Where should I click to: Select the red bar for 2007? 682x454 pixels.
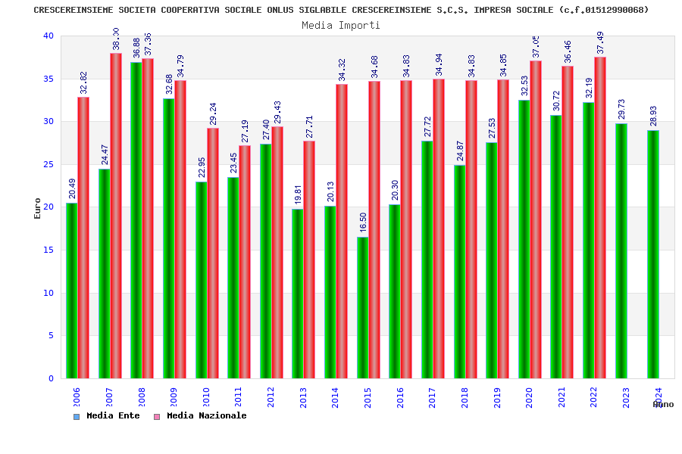116,216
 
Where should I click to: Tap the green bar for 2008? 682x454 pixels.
136,220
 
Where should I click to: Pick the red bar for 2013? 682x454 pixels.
309,260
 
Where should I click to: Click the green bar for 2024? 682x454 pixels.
653,254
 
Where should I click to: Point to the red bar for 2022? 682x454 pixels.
600,218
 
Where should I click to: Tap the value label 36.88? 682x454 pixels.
136,48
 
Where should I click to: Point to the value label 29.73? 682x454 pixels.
621,109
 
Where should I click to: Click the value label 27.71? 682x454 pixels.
309,126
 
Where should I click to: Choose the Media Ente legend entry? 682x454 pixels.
107,415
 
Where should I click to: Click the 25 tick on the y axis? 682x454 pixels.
48,164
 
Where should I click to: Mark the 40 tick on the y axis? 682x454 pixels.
48,36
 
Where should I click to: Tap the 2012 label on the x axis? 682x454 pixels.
271,397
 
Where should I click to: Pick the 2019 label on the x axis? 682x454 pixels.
497,397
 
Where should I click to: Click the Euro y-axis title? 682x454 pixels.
38,208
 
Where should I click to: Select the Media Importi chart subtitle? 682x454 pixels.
341,25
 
